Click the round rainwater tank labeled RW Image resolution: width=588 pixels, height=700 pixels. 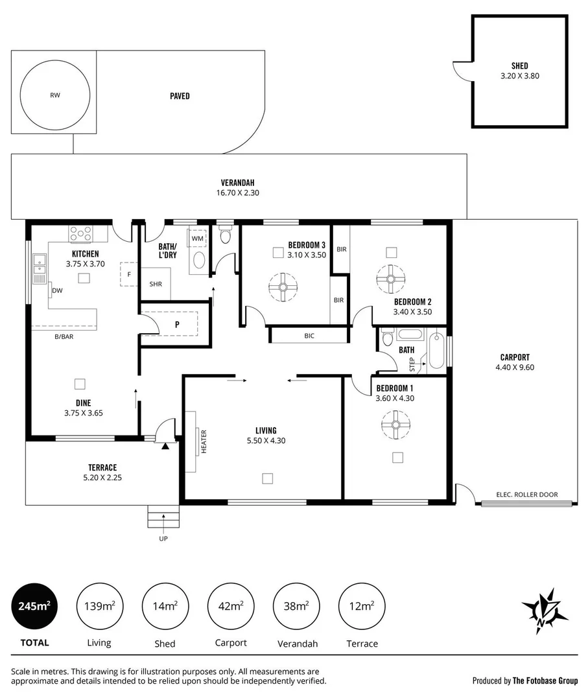point(54,96)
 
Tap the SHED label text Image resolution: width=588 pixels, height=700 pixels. point(519,65)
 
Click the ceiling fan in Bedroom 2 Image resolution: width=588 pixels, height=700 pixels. point(391,279)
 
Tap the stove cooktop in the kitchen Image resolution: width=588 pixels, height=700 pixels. point(81,232)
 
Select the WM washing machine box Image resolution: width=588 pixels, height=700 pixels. point(197,239)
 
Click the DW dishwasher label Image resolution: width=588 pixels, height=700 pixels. point(57,291)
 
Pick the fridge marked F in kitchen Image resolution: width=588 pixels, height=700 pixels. point(129,274)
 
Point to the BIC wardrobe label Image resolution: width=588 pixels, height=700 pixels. point(309,336)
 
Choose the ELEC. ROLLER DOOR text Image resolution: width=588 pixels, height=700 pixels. point(526,495)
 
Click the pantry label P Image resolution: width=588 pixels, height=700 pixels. point(177,323)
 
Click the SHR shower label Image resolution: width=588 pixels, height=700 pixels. point(156,284)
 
